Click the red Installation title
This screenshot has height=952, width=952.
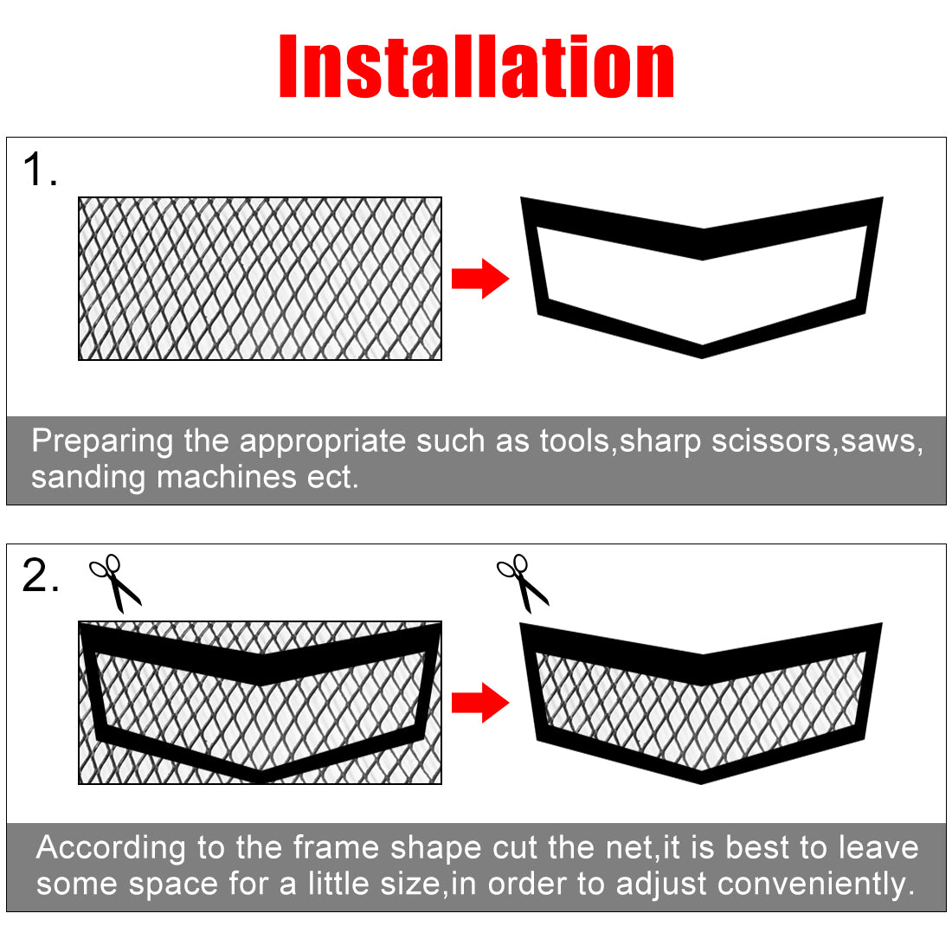(x=477, y=66)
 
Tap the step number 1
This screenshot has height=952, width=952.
(x=40, y=169)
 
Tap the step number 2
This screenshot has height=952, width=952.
(x=41, y=575)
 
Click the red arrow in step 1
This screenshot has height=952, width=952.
(x=480, y=279)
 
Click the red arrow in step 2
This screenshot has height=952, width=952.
(x=480, y=703)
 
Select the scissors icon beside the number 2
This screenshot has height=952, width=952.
(x=115, y=582)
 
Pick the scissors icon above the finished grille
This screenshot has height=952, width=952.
(x=523, y=582)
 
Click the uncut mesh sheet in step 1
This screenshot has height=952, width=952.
(x=260, y=279)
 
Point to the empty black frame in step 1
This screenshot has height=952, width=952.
(x=703, y=243)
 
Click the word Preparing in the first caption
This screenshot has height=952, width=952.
(x=102, y=441)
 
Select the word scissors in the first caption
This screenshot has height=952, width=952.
(x=770, y=441)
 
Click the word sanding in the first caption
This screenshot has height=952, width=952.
(x=88, y=478)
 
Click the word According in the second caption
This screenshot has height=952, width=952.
(x=111, y=848)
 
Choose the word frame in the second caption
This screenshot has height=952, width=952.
(x=336, y=847)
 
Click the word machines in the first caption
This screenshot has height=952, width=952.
(x=227, y=477)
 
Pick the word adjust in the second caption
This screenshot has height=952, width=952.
(x=661, y=884)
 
